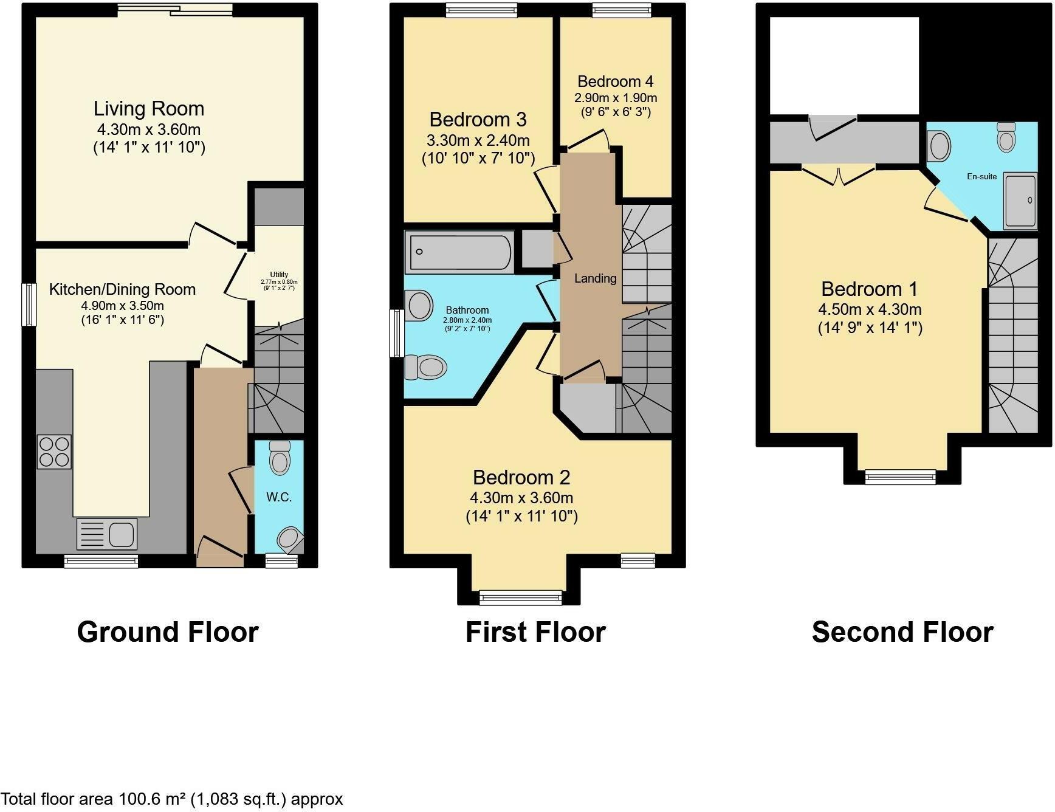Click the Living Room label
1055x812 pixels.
(149, 109)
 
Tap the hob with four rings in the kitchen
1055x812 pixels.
(55, 452)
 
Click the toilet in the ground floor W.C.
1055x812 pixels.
(280, 458)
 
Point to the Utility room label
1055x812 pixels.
(279, 275)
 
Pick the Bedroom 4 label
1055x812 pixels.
(615, 81)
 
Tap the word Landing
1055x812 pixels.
(595, 278)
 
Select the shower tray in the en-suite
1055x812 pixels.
(1020, 201)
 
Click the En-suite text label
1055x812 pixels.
(981, 176)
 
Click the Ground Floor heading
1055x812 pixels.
(168, 632)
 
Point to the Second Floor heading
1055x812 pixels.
(902, 632)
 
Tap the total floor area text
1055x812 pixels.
(172, 799)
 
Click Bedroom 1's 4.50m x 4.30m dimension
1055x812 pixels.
(870, 309)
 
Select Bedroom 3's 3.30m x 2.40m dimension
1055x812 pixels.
(478, 140)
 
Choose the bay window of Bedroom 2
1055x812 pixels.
(521, 597)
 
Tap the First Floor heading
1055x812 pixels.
(535, 632)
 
